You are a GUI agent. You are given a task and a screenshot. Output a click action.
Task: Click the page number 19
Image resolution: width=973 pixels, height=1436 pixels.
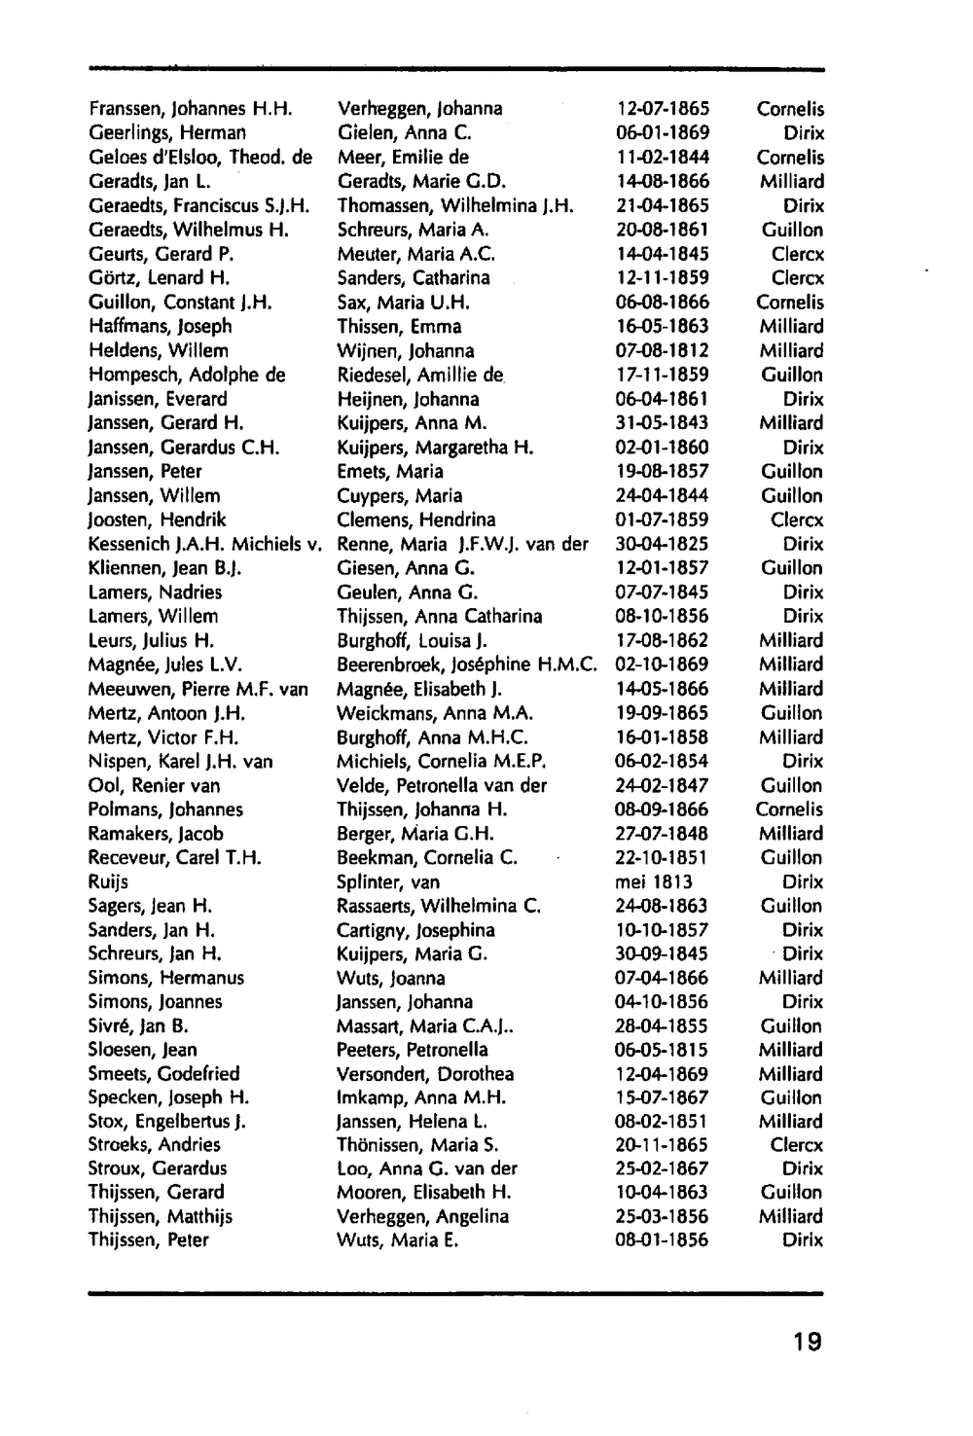[807, 1343]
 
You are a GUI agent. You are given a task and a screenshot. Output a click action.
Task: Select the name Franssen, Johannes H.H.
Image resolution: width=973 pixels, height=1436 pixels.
[191, 109]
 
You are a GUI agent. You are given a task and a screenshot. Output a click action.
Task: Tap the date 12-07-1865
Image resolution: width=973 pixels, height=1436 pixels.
[662, 109]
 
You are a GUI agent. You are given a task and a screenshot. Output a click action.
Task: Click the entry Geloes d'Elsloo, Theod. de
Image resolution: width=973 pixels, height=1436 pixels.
[200, 158]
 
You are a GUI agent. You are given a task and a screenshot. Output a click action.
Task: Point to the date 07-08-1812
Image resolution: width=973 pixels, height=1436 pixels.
[662, 350]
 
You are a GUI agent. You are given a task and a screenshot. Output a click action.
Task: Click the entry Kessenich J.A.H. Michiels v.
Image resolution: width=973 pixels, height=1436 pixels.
[204, 544]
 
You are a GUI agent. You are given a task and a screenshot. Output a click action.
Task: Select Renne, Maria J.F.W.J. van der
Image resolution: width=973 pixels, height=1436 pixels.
[462, 544]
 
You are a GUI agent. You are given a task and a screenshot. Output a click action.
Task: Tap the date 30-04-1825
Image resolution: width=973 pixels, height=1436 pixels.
[662, 544]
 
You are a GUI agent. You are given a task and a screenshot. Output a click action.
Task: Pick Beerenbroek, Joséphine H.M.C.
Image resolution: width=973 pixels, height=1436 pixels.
[466, 664]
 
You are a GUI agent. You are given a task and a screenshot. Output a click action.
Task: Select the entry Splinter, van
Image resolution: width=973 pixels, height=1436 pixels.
[388, 882]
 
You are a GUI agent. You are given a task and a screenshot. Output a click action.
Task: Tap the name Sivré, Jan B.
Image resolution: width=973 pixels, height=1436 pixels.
[138, 1026]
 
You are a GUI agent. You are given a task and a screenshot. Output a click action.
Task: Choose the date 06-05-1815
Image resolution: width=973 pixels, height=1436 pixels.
[662, 1050]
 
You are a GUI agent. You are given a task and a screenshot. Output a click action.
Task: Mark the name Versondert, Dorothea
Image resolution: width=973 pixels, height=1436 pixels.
[425, 1074]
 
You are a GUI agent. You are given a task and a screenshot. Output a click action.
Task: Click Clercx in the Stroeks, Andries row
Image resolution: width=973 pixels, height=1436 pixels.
[797, 1146]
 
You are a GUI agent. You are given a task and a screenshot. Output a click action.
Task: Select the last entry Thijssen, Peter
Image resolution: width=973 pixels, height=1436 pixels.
[148, 1240]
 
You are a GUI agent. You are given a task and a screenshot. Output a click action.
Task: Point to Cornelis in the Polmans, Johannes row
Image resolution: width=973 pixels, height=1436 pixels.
[789, 809]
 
